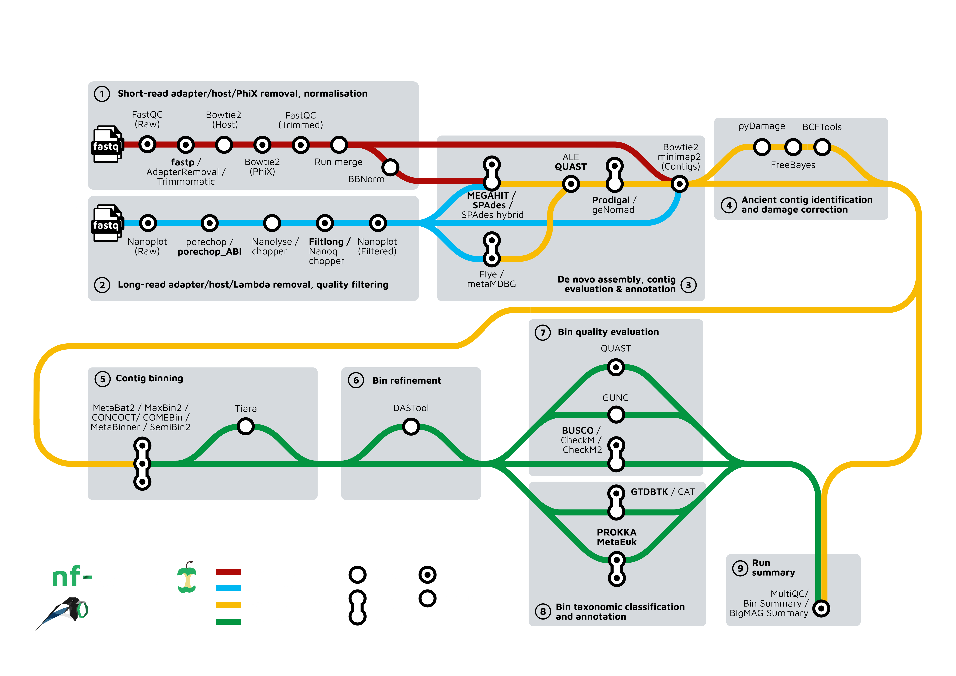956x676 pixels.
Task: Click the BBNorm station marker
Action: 390,167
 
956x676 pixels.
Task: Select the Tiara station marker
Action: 246,426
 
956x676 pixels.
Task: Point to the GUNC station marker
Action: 616,415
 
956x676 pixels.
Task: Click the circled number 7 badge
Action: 542,333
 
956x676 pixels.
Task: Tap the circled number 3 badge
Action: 688,285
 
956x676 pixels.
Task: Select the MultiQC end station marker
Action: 821,609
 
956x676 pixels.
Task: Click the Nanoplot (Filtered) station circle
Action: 378,223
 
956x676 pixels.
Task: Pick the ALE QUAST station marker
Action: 570,184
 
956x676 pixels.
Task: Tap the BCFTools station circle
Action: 822,147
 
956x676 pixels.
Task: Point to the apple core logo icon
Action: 187,577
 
